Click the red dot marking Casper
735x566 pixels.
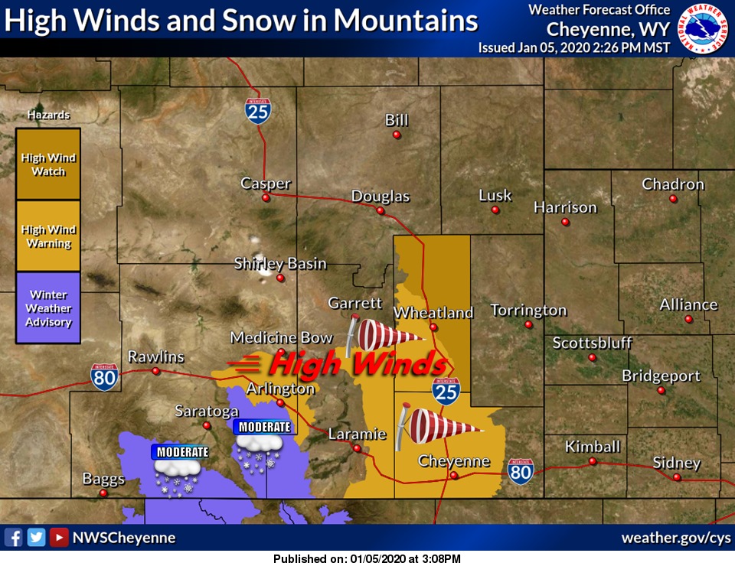pos(266,197)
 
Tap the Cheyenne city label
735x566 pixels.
pos(453,461)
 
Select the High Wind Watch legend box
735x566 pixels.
pos(48,164)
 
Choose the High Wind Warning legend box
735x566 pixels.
pos(48,236)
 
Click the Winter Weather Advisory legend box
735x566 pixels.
pos(48,307)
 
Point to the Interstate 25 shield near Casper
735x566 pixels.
pos(258,111)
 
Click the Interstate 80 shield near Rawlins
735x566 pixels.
pos(104,377)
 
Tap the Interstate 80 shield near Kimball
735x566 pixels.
pos(521,472)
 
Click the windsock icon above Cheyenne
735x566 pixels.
pos(440,425)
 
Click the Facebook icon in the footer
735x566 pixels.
pos(13,538)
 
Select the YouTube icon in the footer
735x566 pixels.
pos(58,538)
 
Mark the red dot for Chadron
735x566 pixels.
pos(673,199)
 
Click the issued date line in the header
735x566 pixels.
pos(574,47)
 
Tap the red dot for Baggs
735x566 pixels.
pos(103,493)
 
